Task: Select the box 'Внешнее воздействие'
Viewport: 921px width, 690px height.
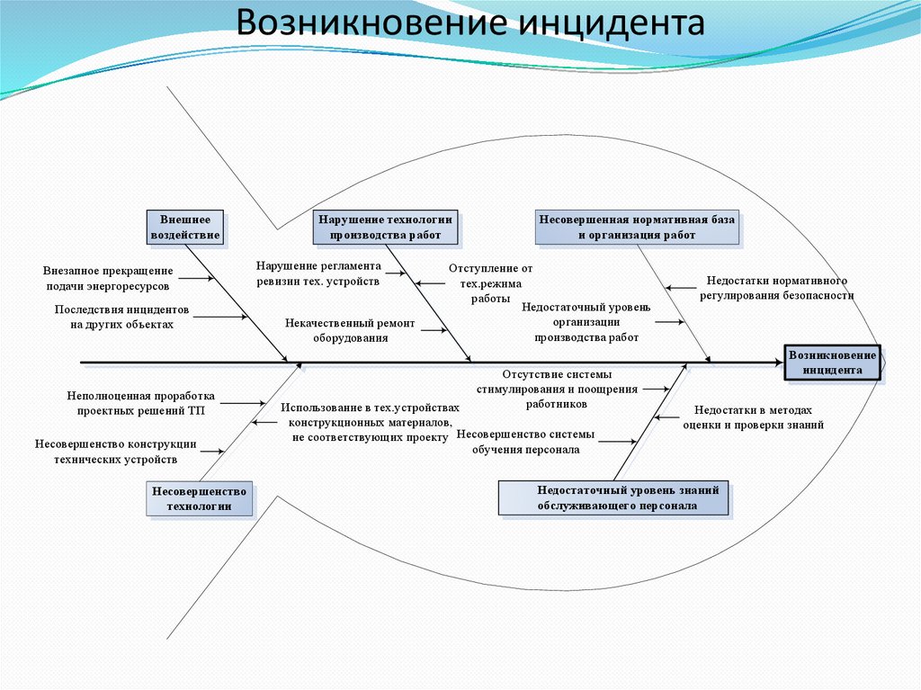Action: point(184,228)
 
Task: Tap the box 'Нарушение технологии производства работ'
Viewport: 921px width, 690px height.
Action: point(385,228)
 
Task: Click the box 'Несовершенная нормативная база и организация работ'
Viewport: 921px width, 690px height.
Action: point(637,228)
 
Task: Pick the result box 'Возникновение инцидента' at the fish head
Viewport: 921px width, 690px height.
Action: point(832,363)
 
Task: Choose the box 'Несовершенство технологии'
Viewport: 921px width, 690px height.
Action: point(199,498)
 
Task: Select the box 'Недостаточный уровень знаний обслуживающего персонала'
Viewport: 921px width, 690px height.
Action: point(613,498)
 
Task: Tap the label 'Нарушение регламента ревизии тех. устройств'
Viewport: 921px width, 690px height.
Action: point(317,273)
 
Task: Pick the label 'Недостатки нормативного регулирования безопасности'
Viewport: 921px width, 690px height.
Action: point(780,288)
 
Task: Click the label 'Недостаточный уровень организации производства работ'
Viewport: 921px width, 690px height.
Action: point(586,322)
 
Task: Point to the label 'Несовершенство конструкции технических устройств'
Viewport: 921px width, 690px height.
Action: point(115,452)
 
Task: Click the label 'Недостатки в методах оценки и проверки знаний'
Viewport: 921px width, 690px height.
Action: point(753,417)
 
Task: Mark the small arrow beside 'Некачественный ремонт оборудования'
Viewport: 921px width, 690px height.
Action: point(434,330)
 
